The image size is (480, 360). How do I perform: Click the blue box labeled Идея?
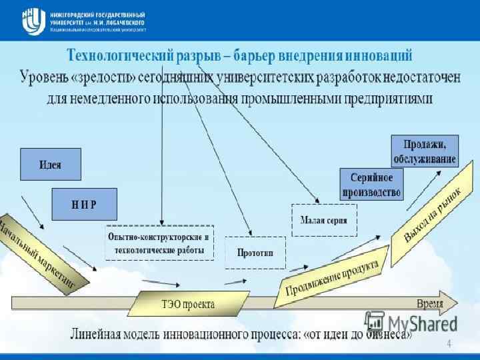point(51,164)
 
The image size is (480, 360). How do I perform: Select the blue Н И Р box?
point(84,204)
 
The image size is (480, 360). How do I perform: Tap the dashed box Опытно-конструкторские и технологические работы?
point(159,243)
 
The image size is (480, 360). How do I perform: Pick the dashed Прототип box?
point(255,253)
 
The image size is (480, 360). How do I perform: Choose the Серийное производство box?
point(372,185)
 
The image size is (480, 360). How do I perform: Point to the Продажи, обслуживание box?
point(424,151)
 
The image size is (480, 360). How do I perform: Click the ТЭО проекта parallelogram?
point(189,304)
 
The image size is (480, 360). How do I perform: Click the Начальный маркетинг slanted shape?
point(41,252)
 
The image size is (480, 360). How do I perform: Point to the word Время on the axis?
point(429,303)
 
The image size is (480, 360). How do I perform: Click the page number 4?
point(449,344)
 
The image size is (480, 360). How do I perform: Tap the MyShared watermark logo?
point(411,322)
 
